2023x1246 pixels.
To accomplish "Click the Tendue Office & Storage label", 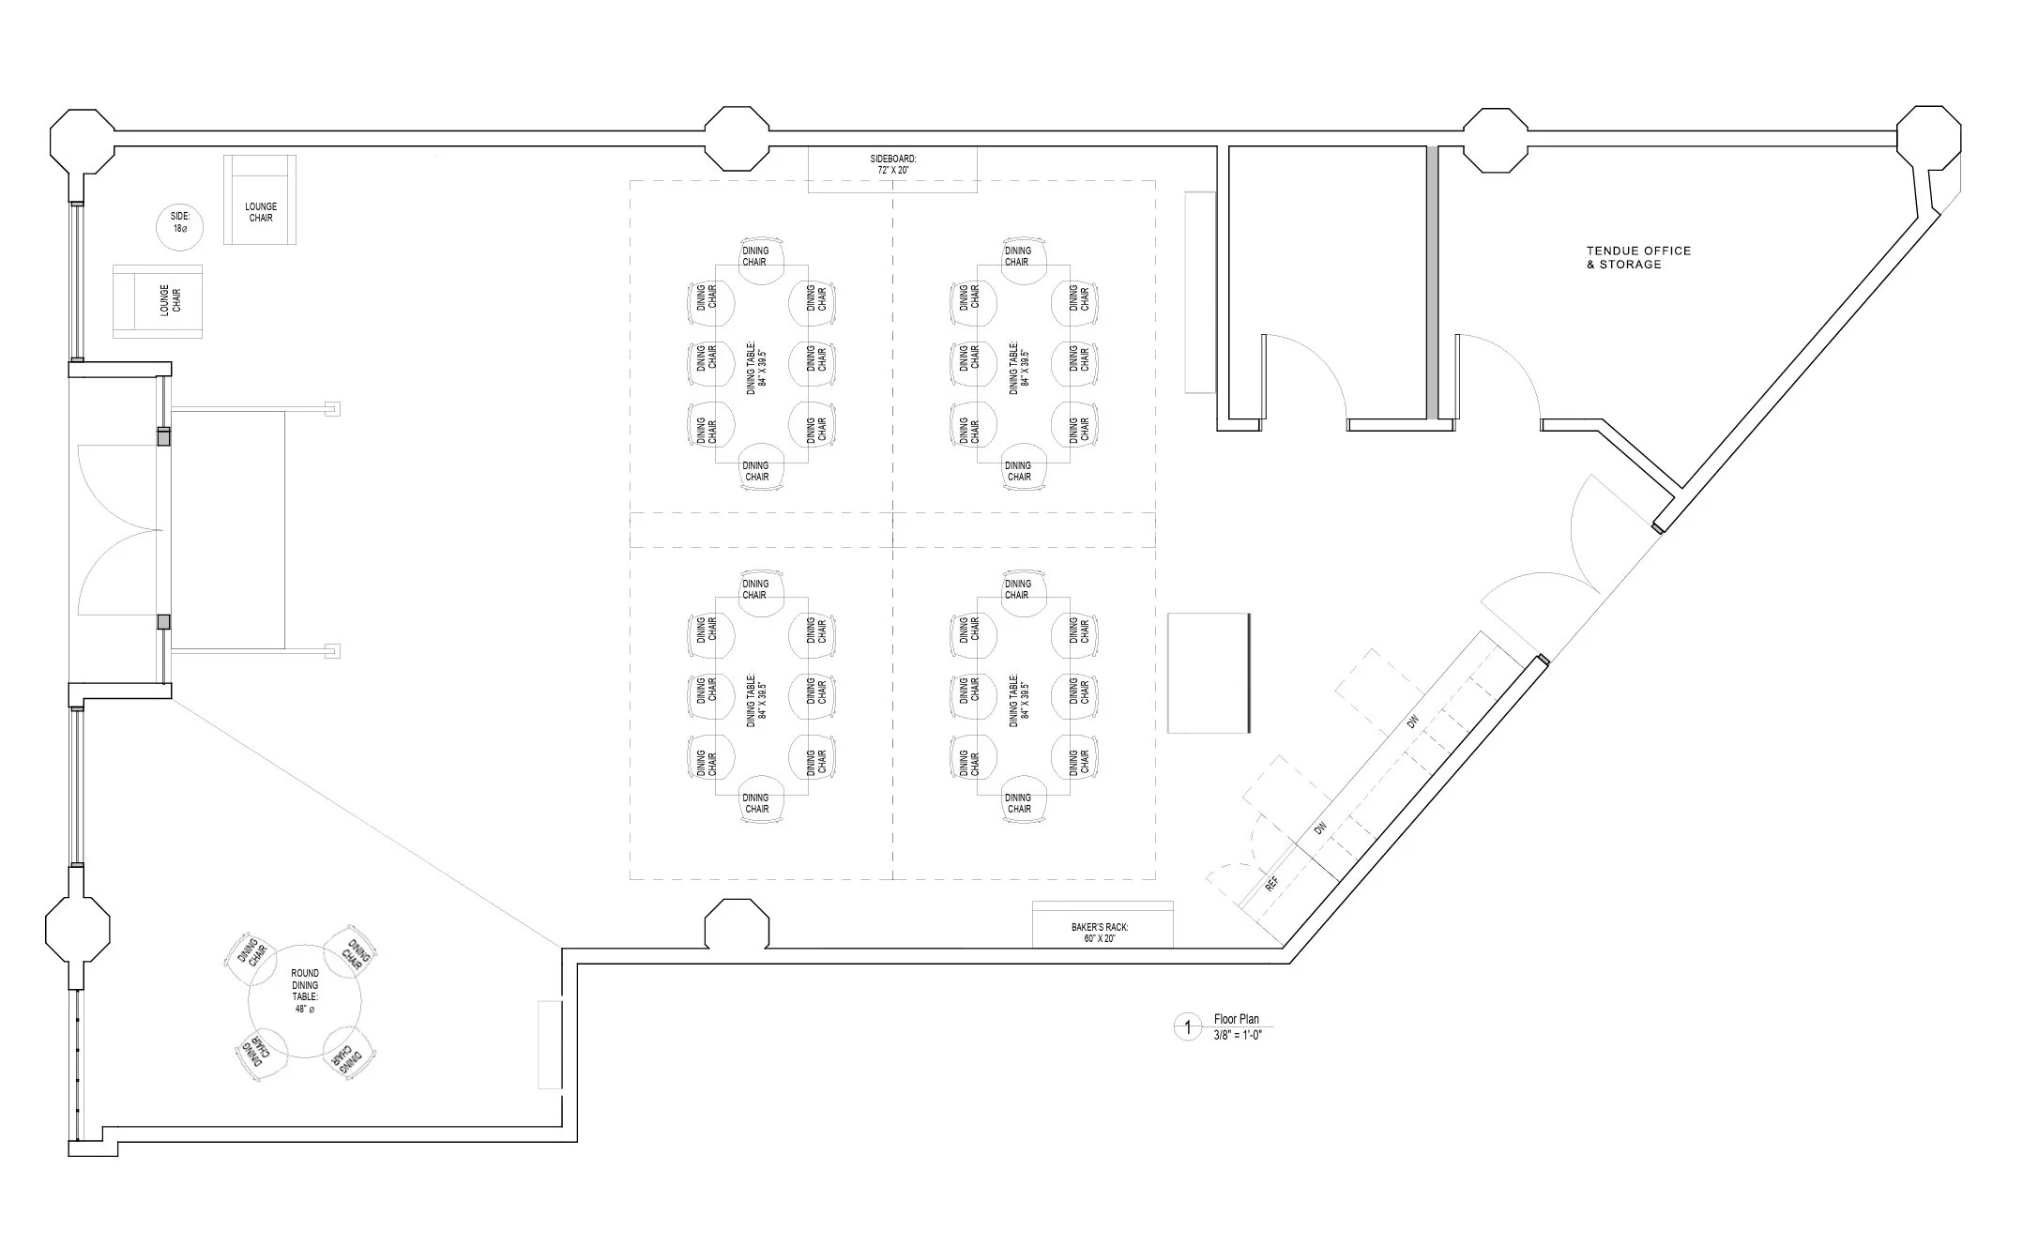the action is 1637,257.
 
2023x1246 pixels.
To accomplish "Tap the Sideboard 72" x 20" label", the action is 892,165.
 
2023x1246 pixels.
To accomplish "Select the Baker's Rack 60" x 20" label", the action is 1100,933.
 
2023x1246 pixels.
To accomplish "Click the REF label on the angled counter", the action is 1272,884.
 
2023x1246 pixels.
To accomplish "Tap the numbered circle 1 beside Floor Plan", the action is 1187,1027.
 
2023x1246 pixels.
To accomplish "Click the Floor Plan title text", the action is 1237,1019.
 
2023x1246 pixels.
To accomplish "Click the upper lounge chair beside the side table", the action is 260,201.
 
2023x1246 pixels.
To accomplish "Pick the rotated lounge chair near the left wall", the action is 158,300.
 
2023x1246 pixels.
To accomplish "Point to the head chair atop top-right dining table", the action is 1018,255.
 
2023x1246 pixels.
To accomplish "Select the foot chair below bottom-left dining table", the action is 756,803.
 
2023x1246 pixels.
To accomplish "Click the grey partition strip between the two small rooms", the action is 1432,281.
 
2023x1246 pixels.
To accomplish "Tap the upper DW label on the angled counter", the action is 1412,722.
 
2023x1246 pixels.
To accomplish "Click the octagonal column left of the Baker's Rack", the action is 737,924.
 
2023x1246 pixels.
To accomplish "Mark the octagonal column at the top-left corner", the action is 82,141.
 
